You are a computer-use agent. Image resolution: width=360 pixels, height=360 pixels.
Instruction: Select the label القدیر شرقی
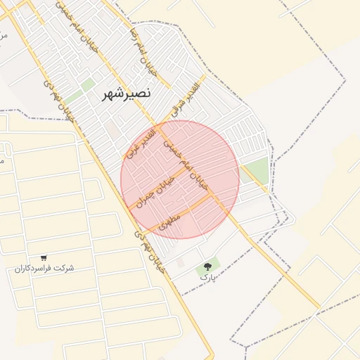[186, 99]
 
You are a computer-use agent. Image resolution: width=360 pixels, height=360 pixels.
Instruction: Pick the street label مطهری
[169, 223]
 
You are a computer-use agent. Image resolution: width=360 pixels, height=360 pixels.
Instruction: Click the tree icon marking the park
[207, 266]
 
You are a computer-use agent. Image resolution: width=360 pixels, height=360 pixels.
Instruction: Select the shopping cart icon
[44, 258]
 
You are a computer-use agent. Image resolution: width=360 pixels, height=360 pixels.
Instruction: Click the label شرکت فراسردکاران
[44, 269]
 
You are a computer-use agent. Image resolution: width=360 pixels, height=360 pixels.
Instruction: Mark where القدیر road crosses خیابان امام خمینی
[160, 127]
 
